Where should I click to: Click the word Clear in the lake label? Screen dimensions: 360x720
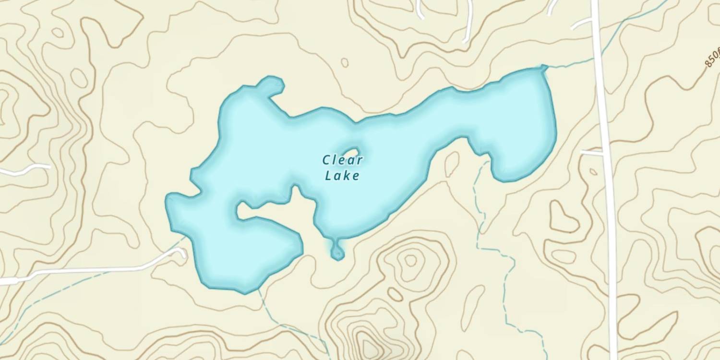click(342, 160)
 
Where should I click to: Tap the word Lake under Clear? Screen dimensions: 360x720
click(342, 176)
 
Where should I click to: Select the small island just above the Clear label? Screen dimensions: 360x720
click(351, 152)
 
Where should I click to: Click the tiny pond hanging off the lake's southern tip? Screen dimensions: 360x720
click(337, 251)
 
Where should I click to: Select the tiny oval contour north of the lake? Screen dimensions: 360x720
click(345, 62)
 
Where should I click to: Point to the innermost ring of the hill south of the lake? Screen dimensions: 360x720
click(410, 260)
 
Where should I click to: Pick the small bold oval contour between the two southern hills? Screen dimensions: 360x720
click(395, 294)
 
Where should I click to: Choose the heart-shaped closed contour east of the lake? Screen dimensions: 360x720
click(564, 217)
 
